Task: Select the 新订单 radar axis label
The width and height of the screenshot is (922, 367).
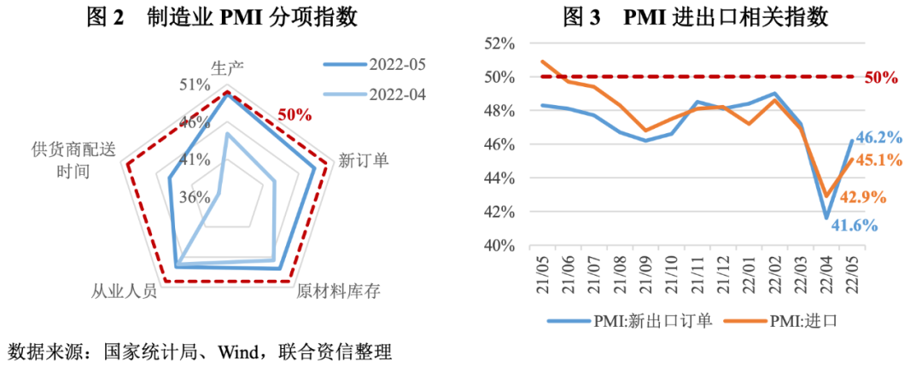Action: point(364,160)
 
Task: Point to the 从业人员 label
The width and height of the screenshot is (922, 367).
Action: point(125,291)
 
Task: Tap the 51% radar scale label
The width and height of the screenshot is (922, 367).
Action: point(195,84)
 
